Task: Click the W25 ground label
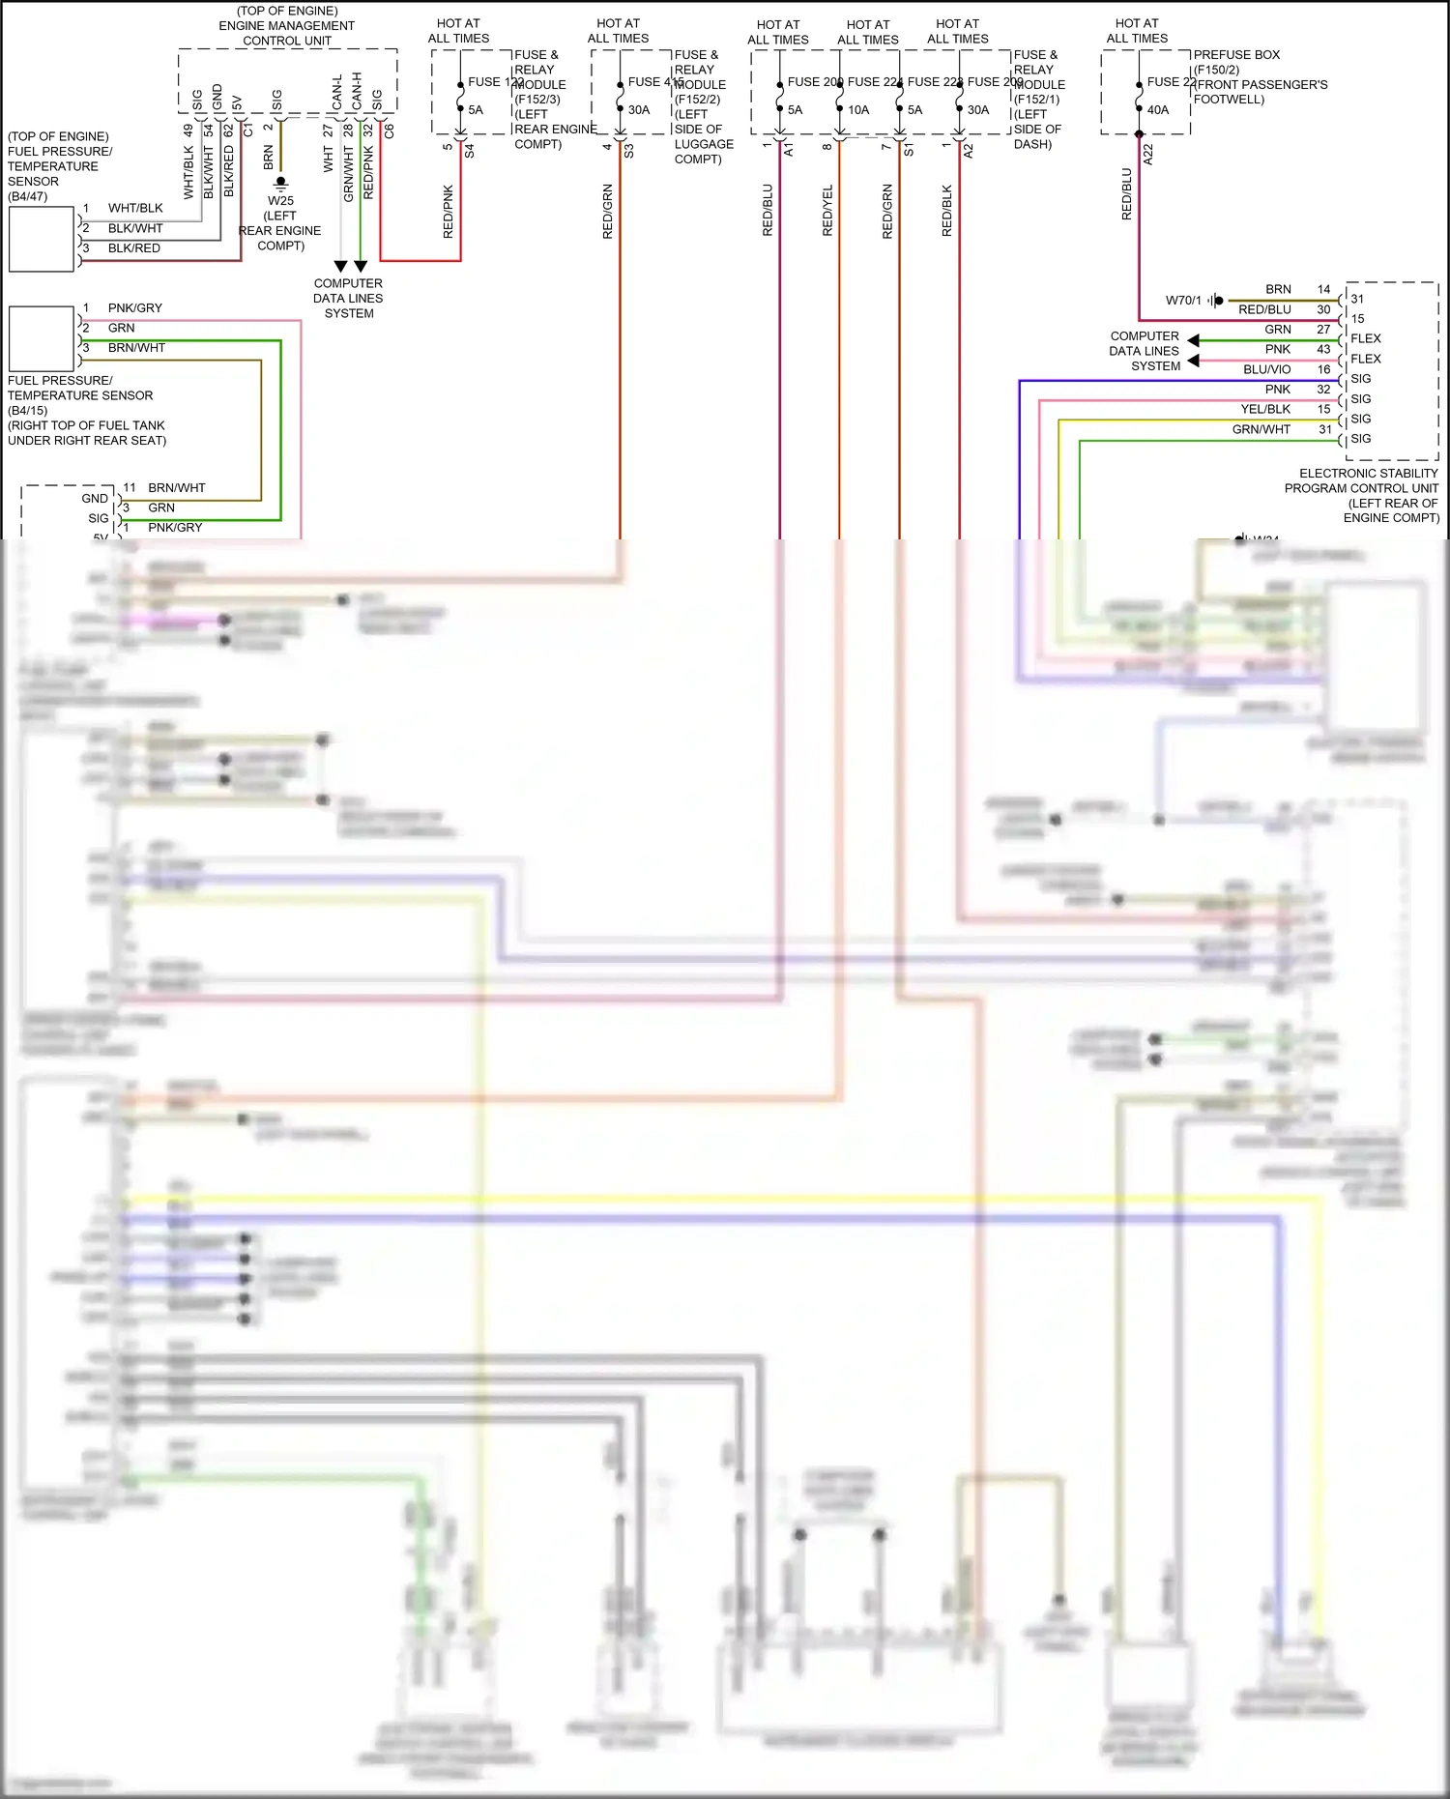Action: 280,201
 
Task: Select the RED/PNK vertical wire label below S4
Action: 449,212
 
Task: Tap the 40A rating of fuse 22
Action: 1158,110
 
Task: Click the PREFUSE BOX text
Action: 1236,55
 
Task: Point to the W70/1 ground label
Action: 1182,301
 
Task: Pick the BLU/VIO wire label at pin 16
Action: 1266,369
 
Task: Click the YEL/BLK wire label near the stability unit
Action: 1265,409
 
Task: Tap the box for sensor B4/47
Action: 42,239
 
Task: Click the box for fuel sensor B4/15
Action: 42,338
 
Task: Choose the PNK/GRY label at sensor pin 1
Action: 135,308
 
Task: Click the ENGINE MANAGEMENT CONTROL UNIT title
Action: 287,26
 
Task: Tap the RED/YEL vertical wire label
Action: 827,211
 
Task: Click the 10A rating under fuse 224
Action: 858,110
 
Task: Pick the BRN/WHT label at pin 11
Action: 177,488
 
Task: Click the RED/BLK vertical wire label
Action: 947,211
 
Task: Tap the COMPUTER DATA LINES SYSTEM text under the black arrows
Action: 348,298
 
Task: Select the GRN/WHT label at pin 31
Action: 1261,429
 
